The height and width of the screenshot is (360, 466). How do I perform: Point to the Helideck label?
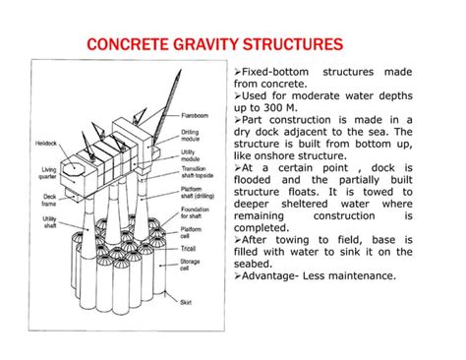tap(47, 144)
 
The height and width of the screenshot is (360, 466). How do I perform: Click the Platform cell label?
tap(193, 231)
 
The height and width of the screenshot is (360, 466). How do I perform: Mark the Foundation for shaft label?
tap(196, 209)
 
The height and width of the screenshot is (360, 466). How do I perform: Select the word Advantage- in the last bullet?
tap(277, 275)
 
